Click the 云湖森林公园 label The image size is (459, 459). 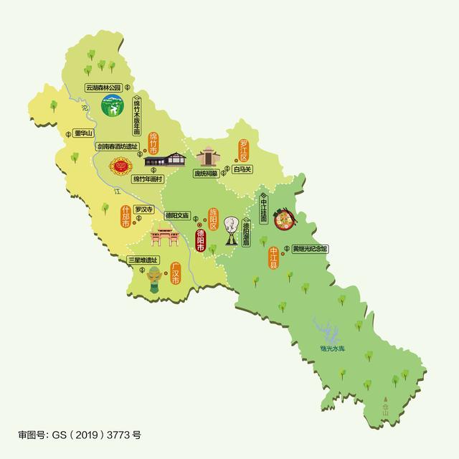click(x=103, y=88)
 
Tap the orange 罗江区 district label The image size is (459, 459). click(x=244, y=149)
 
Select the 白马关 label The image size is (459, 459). click(x=243, y=171)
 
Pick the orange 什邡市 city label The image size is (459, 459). click(x=126, y=217)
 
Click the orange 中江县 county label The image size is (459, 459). click(x=273, y=257)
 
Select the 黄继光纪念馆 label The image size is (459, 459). click(x=309, y=248)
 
